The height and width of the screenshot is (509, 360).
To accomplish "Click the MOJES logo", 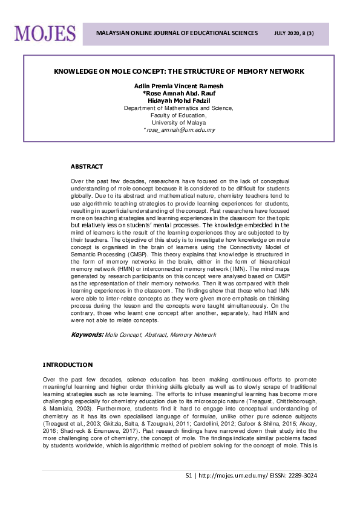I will pyautogui.click(x=45, y=33).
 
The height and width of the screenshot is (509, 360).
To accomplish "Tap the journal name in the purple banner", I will pyautogui.click(x=177, y=33).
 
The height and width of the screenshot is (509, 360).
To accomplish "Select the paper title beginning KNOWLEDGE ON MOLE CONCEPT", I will pyautogui.click(x=178, y=71).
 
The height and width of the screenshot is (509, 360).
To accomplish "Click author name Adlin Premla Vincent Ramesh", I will pyautogui.click(x=178, y=86).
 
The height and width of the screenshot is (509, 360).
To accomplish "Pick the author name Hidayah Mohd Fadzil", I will pyautogui.click(x=178, y=101).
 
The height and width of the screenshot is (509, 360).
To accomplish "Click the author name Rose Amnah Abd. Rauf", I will pyautogui.click(x=180, y=94).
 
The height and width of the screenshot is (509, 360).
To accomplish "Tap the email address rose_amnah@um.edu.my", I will pyautogui.click(x=180, y=130).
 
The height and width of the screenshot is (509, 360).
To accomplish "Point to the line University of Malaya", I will pyautogui.click(x=178, y=122).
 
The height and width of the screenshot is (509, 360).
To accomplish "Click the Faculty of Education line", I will pyautogui.click(x=178, y=115).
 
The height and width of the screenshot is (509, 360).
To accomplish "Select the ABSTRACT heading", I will pyautogui.click(x=87, y=166).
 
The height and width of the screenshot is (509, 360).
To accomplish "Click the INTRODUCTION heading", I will pyautogui.click(x=67, y=365).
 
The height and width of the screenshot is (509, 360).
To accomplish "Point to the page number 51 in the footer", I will pyautogui.click(x=189, y=476).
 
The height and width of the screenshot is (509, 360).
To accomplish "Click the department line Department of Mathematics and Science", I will pyautogui.click(x=178, y=108).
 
